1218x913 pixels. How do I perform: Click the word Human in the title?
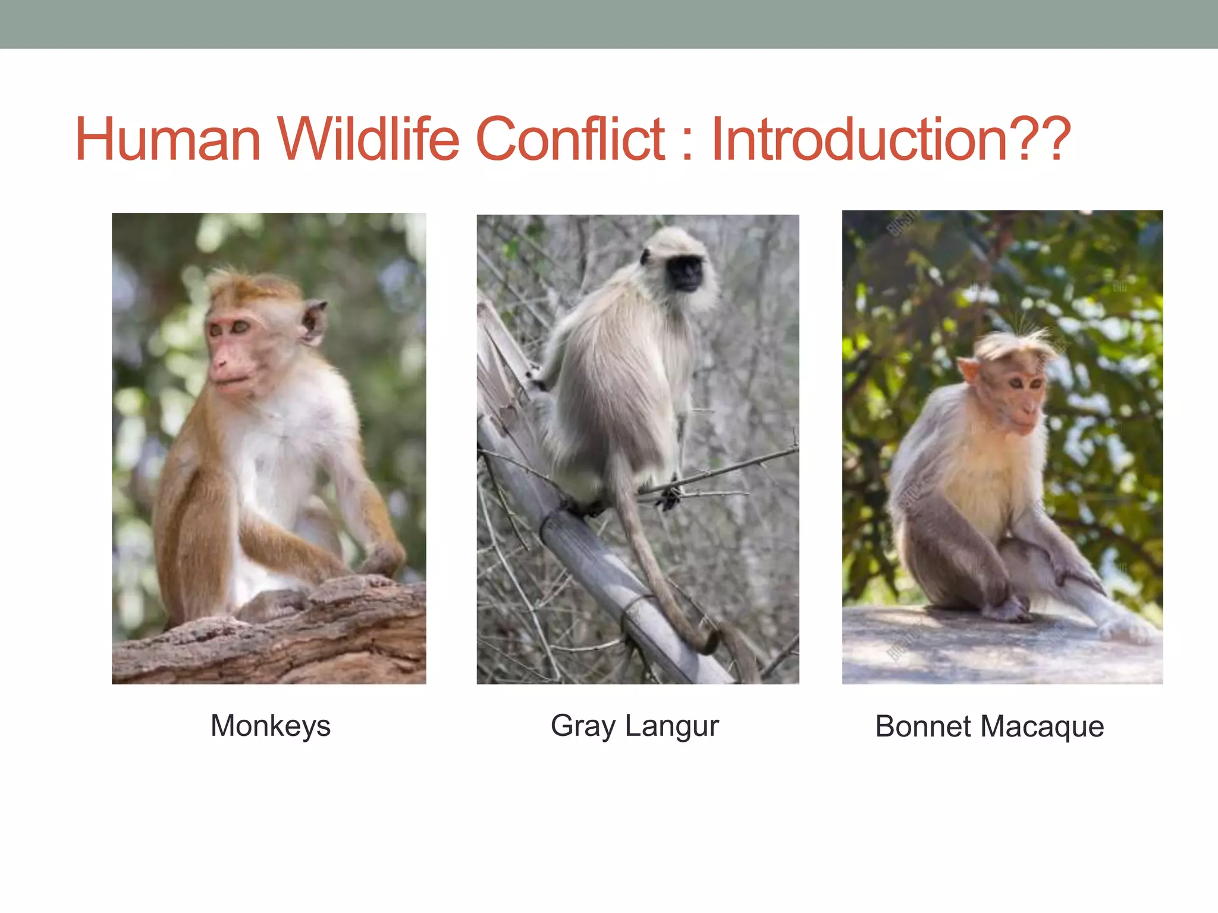pyautogui.click(x=168, y=140)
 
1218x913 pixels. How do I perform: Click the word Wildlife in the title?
pyautogui.click(x=369, y=140)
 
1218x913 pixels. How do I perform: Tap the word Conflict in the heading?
pyautogui.click(x=571, y=140)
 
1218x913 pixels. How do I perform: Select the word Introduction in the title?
pyautogui.click(x=859, y=140)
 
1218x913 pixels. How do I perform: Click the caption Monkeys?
pyautogui.click(x=271, y=726)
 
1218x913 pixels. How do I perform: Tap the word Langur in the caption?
pyautogui.click(x=672, y=726)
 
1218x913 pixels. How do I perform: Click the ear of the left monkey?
pyautogui.click(x=313, y=322)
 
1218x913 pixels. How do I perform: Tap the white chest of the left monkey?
pyautogui.click(x=271, y=452)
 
